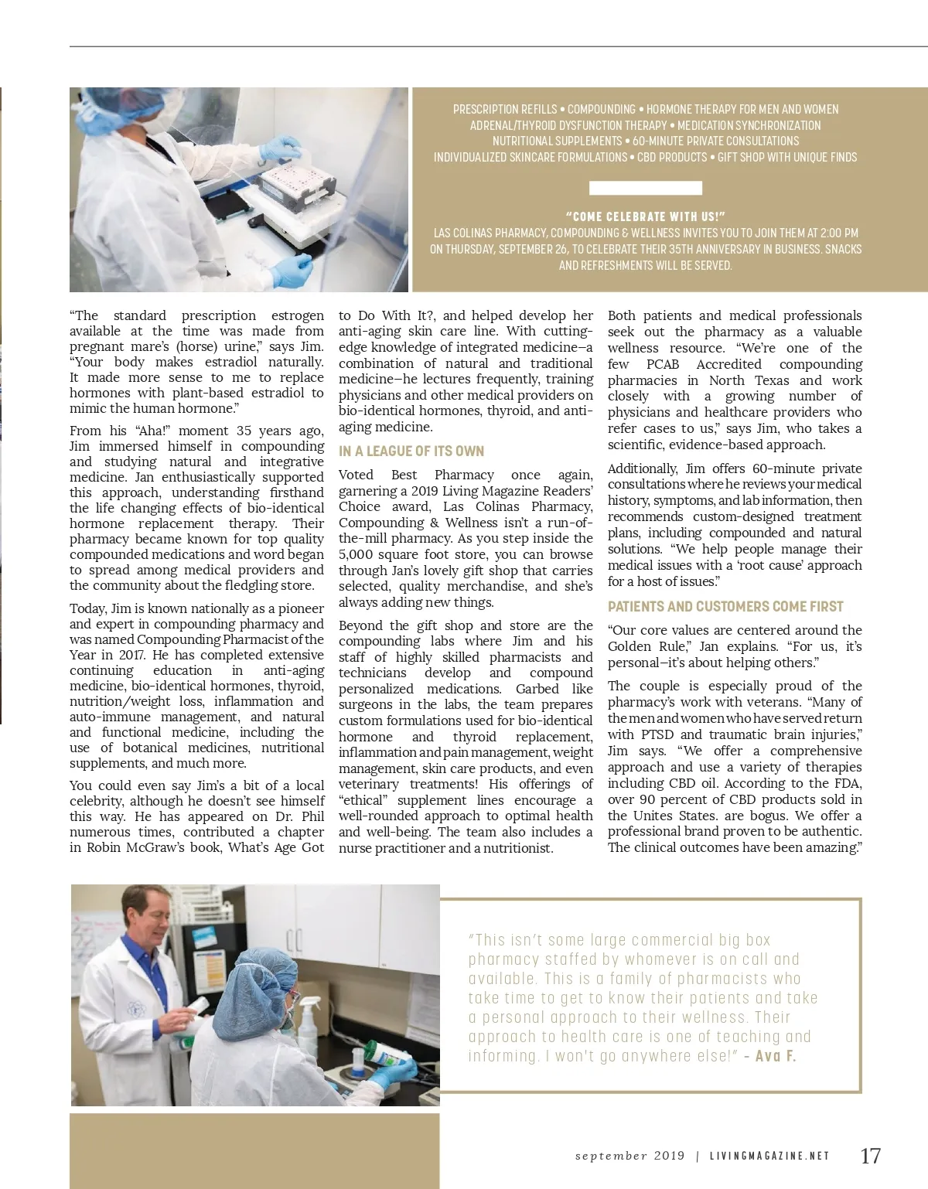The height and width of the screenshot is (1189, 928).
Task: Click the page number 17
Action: click(870, 1156)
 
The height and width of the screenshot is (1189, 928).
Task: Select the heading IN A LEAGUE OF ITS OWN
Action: click(411, 451)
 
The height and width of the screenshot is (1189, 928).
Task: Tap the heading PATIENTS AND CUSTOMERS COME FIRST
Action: click(725, 607)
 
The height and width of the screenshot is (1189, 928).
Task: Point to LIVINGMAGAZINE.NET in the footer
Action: click(769, 1157)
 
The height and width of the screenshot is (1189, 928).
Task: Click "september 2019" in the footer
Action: click(629, 1157)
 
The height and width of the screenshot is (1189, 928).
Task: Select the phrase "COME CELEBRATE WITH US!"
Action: click(645, 217)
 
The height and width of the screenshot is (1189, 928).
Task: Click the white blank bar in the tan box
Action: click(645, 188)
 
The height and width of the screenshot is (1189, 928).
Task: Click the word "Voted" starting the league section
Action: click(356, 475)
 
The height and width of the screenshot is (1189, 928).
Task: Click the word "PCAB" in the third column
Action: click(663, 364)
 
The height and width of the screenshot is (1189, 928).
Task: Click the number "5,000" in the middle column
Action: click(357, 554)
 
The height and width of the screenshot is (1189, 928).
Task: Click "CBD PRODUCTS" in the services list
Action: click(672, 158)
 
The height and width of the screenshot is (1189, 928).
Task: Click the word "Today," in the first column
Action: click(89, 608)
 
